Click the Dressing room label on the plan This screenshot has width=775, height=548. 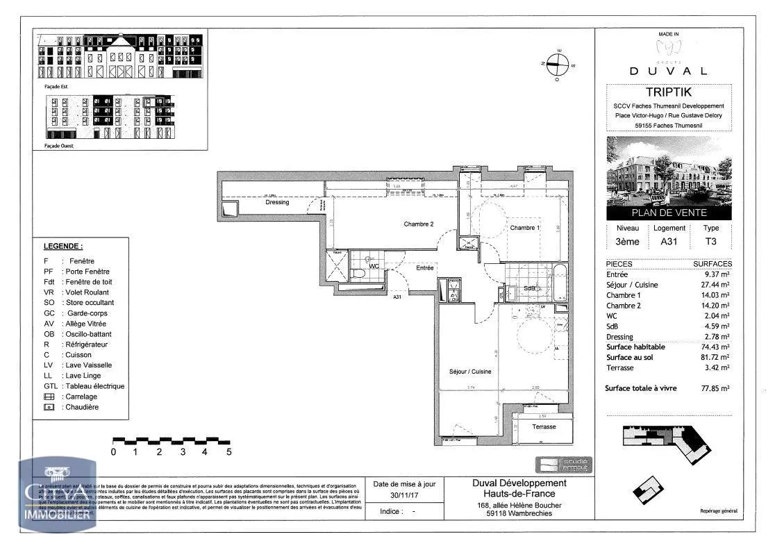[x=277, y=202]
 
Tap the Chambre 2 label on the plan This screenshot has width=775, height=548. [x=419, y=224]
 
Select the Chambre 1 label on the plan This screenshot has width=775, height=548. [x=525, y=228]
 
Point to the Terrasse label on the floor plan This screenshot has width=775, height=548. [x=544, y=426]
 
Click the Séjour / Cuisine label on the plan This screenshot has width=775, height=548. [x=470, y=372]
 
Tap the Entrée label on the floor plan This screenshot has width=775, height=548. [x=424, y=267]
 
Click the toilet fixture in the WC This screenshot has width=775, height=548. [x=358, y=274]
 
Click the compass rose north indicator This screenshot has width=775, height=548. [x=556, y=64]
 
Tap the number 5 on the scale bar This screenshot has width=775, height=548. [x=228, y=452]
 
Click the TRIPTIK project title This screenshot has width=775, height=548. [x=669, y=92]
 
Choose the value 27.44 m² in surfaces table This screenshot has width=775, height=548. [x=715, y=285]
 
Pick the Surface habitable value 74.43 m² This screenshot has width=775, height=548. [x=715, y=347]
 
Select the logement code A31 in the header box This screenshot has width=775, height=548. [x=669, y=242]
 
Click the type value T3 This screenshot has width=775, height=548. [x=711, y=242]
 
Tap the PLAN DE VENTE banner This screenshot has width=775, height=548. [x=669, y=213]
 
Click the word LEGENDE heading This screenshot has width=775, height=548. [x=63, y=246]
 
